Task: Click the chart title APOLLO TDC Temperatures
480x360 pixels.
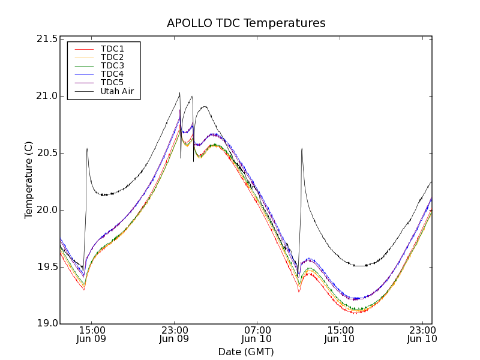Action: pos(246,23)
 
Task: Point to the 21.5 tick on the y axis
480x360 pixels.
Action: pos(47,39)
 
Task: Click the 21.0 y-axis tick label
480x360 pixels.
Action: pos(47,96)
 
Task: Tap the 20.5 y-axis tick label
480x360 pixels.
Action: pos(47,153)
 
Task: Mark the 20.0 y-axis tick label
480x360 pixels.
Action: pos(47,210)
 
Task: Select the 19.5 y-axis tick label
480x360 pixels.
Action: pos(47,266)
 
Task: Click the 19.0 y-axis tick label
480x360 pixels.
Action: pos(47,323)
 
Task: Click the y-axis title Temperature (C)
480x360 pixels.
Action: pos(29,180)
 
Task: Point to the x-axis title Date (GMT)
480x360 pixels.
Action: pos(246,352)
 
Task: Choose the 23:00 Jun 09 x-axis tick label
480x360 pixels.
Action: pos(175,334)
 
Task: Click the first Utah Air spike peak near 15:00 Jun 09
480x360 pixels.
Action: pos(87,149)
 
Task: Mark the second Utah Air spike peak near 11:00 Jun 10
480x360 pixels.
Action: pos(302,149)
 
